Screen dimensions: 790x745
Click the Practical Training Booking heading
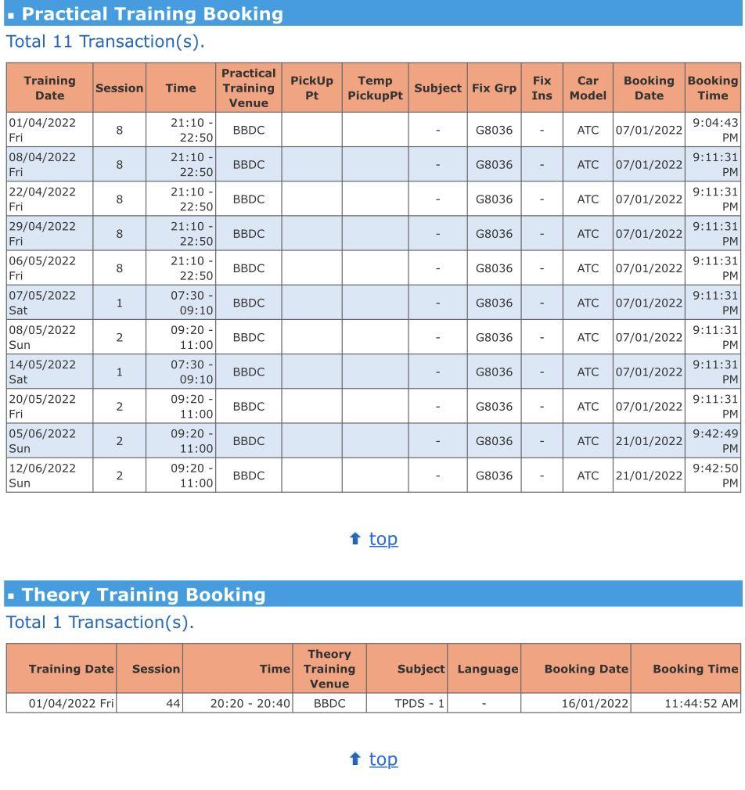[152, 14]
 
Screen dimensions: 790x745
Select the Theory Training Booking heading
[143, 594]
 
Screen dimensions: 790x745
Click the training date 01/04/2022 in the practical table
[42, 123]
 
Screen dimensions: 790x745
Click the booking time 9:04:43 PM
[714, 130]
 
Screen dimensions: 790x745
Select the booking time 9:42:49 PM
[714, 440]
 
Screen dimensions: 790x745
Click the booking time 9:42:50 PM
[714, 475]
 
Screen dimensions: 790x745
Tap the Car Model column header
[587, 88]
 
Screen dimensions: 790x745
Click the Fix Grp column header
[494, 88]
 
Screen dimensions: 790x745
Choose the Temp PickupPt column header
[375, 88]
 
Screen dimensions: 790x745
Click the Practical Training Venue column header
[248, 88]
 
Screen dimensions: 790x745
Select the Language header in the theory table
[488, 669]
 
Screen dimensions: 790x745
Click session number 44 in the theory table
[172, 703]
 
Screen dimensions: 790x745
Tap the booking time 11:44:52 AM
[700, 703]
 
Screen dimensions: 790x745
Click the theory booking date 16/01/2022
[594, 703]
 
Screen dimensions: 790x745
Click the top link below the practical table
[383, 538]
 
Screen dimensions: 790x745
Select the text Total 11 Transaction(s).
[105, 41]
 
